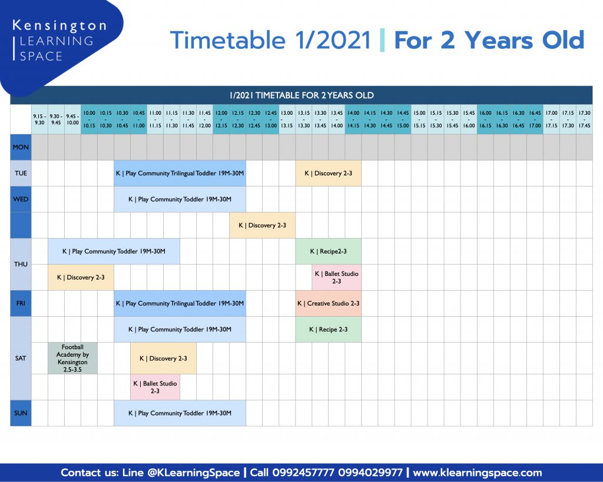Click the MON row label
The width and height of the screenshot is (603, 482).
click(21, 147)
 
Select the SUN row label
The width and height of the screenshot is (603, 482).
click(21, 413)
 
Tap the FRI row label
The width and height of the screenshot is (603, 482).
click(21, 303)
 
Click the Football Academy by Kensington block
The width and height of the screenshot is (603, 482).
click(72, 358)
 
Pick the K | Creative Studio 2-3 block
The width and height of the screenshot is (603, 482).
click(329, 303)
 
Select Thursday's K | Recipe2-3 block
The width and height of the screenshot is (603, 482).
click(329, 251)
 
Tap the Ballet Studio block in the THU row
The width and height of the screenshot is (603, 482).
click(336, 278)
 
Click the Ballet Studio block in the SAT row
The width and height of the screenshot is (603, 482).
click(155, 387)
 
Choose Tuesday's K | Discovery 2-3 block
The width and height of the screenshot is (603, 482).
click(329, 174)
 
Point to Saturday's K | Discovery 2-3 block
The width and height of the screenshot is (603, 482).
click(164, 358)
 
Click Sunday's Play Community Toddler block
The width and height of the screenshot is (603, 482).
click(180, 413)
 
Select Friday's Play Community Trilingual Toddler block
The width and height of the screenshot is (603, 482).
click(180, 303)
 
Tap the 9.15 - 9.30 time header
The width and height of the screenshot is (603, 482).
click(39, 119)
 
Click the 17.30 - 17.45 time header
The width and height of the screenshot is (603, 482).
click(585, 119)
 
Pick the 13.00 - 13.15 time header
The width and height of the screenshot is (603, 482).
click(287, 119)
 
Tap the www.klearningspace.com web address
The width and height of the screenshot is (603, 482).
click(477, 473)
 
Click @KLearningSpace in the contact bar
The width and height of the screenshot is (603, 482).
click(193, 473)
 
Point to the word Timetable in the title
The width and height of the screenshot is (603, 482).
click(227, 41)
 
